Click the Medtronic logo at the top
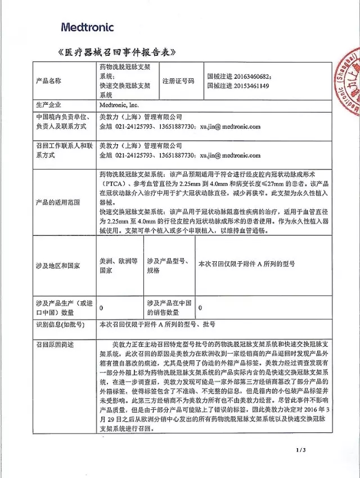coord(87,26)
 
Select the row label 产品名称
coord(48,81)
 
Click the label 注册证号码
coord(178,81)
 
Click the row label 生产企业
coord(48,105)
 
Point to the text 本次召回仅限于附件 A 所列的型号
coord(247,263)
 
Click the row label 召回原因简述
coord(55,343)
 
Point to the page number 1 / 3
coord(299,450)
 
